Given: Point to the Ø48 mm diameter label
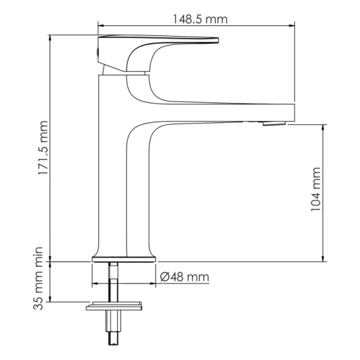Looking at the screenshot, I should pos(185,277).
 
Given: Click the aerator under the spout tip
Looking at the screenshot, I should pos(272,124).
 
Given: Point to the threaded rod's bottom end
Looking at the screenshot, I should pos(112,342).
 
